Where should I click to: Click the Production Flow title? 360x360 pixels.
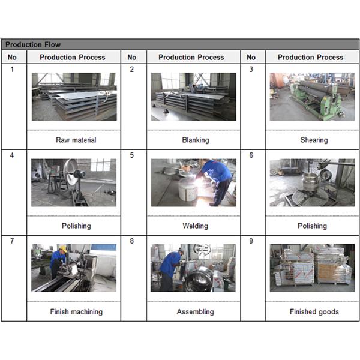click(33, 44)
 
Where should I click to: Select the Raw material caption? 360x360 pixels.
click(76, 140)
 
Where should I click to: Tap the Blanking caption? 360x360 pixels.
click(196, 140)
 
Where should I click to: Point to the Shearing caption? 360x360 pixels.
click(314, 140)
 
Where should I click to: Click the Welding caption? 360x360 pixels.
click(196, 226)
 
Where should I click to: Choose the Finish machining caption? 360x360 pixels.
click(76, 311)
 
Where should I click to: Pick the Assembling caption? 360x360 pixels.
click(196, 311)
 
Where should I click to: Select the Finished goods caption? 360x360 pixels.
click(314, 311)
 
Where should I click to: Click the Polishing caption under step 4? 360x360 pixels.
click(76, 226)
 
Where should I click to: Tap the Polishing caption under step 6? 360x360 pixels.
click(312, 226)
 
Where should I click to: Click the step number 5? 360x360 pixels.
click(131, 155)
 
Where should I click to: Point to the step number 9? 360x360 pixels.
click(251, 241)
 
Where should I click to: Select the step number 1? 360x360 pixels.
click(12, 69)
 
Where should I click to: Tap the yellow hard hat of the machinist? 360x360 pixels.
click(63, 249)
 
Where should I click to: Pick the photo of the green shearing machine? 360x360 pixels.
click(312, 97)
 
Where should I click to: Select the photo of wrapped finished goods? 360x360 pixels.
click(312, 268)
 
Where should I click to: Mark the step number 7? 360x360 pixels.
click(12, 241)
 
